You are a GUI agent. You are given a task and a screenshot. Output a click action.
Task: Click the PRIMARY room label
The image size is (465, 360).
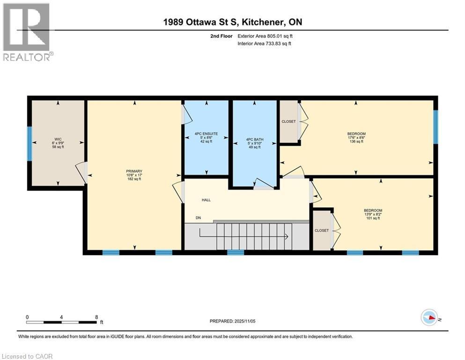click(134, 171)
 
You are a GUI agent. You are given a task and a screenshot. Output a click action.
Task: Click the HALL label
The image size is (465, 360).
click(206, 200)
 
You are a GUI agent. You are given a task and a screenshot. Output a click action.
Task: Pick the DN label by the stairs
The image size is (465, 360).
click(199, 218)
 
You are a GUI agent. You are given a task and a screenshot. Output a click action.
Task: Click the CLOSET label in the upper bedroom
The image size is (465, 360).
click(288, 122)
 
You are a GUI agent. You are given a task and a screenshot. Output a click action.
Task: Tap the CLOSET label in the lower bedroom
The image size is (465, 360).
click(322, 231)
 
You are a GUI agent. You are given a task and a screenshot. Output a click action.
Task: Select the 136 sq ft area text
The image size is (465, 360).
click(356, 142)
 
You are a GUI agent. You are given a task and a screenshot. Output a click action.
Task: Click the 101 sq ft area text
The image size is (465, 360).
click(373, 218)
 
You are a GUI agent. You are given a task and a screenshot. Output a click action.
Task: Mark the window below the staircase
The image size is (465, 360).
click(236, 253)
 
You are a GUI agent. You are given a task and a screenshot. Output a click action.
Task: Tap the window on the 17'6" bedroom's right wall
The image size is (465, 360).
click(435, 127)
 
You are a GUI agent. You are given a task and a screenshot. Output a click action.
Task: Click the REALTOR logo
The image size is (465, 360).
click(27, 33)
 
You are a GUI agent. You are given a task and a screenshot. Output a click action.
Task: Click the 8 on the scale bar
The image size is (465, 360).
click(96, 316)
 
